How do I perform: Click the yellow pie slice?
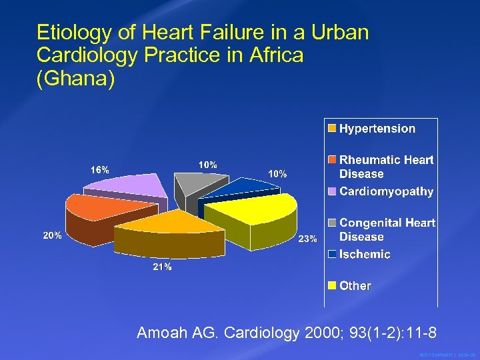click(250, 211)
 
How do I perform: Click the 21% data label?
click(162, 267)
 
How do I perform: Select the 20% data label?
click(53, 235)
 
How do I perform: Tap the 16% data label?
click(100, 169)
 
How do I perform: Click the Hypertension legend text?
click(377, 129)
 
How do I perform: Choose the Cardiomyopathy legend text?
click(386, 191)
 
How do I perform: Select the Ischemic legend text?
click(365, 254)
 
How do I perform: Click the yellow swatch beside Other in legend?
click(331, 286)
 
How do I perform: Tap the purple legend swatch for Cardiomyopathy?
click(331, 191)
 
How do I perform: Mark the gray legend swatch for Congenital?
click(331, 223)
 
